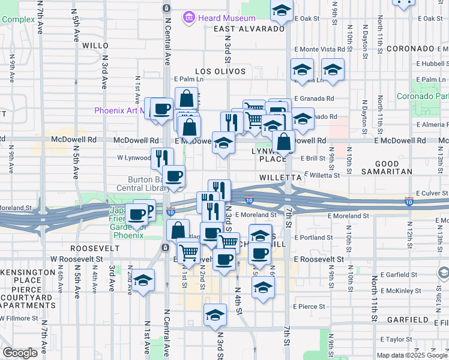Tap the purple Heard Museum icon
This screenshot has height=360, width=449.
point(189,17)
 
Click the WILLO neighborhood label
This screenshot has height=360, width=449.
point(95,46)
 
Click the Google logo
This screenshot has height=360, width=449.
point(20,353)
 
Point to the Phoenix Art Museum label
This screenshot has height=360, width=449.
point(120,110)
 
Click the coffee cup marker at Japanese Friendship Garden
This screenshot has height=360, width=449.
point(136,214)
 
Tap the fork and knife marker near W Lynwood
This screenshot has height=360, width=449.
point(162,158)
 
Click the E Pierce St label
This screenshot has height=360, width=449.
point(310,307)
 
